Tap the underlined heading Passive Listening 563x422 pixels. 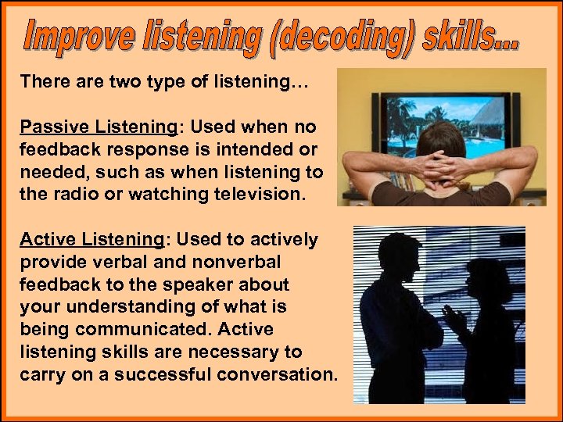[98, 127]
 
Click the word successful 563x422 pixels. [170, 374]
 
